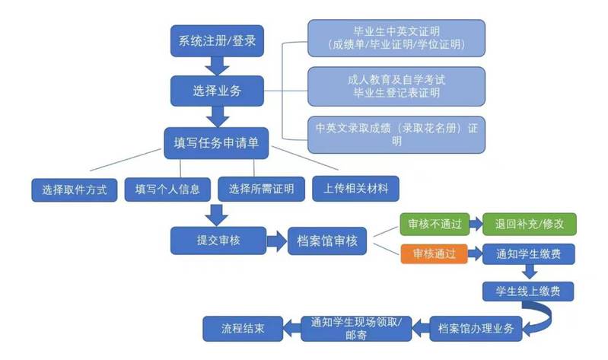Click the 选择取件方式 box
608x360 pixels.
tap(75, 188)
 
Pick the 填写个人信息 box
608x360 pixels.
tap(167, 188)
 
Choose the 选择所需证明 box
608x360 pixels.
tap(261, 188)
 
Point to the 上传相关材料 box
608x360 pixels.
tap(355, 188)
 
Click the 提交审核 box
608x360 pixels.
tap(218, 240)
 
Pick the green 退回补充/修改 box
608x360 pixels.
tap(530, 225)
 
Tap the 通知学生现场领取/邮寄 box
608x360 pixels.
tap(357, 328)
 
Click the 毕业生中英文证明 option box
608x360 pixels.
tap(396, 38)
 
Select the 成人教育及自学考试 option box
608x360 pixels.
tap(396, 86)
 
